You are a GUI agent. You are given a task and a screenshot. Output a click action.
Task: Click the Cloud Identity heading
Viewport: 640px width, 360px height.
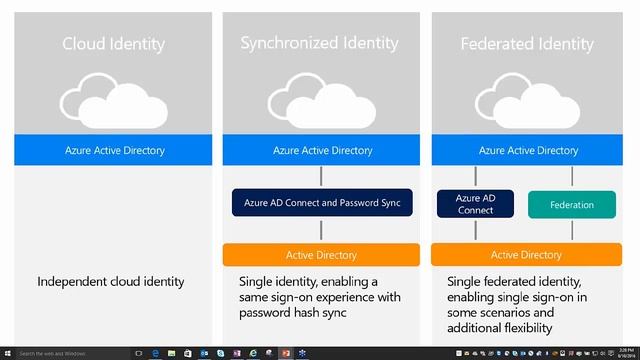click(113, 44)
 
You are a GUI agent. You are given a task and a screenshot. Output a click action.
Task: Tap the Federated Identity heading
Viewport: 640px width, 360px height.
click(528, 44)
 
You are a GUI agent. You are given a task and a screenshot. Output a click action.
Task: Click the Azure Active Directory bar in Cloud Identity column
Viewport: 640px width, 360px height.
click(113, 151)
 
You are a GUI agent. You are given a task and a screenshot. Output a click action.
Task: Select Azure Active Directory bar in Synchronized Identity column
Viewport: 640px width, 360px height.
click(321, 151)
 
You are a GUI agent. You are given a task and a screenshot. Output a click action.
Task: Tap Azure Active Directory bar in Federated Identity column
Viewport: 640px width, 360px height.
click(528, 151)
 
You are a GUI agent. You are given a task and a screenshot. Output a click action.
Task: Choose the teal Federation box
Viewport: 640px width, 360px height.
click(571, 205)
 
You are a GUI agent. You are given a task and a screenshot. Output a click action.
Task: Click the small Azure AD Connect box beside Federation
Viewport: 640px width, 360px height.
click(475, 204)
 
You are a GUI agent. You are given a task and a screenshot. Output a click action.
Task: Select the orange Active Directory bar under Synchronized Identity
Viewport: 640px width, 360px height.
click(321, 254)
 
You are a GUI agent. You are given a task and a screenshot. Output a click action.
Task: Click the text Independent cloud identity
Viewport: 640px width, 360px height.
click(111, 281)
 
